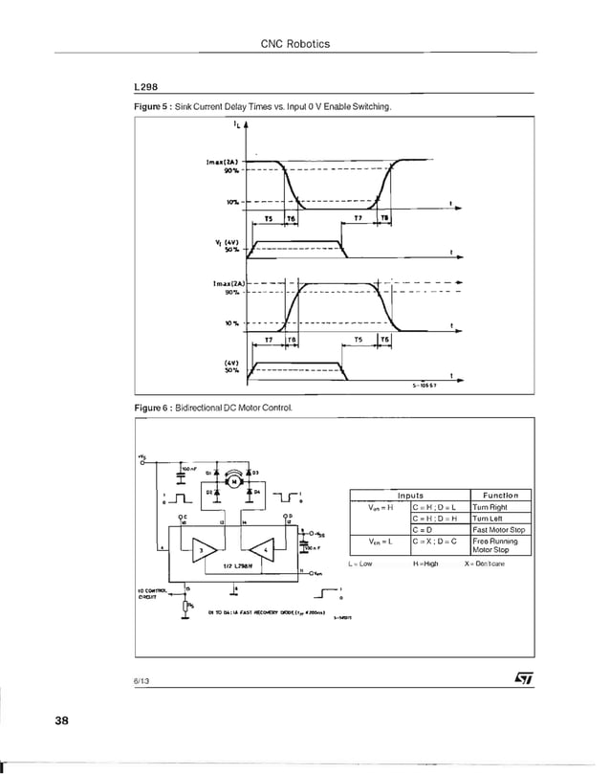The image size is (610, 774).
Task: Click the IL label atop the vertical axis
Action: tap(234, 123)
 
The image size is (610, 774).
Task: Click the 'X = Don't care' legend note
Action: tap(490, 564)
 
